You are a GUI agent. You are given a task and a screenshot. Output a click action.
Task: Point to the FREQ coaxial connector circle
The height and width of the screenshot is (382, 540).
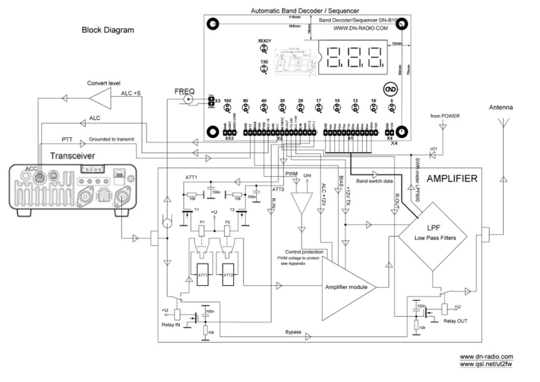(x=189, y=100)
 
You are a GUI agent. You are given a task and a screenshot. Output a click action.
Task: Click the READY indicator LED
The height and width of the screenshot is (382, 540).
(x=265, y=49)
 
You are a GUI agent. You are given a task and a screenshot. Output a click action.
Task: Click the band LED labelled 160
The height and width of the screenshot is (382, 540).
(x=227, y=110)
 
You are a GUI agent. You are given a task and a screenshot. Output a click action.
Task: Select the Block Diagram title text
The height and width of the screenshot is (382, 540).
(x=107, y=30)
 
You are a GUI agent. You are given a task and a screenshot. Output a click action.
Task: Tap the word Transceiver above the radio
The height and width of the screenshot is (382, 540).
(x=73, y=156)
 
